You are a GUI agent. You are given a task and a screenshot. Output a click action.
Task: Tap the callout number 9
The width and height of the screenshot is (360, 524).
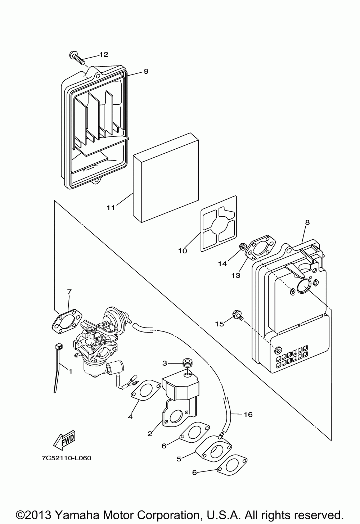coord(146,71)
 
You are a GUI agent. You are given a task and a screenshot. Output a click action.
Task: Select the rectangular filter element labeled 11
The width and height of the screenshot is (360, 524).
coord(166,177)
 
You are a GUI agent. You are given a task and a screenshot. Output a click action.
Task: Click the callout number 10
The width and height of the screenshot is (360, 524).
coord(183,251)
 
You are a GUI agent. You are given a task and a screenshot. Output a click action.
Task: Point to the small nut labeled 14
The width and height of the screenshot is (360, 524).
coord(243,246)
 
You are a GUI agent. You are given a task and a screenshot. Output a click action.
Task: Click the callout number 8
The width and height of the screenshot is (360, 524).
coord(307,222)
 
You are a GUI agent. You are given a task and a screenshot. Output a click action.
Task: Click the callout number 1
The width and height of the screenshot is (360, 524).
coord(71,371)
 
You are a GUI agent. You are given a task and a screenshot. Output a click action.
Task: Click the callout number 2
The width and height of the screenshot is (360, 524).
coord(150,434)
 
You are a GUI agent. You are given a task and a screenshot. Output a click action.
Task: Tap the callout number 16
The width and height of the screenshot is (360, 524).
coord(248,415)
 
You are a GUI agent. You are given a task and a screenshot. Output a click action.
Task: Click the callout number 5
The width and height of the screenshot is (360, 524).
coord(179,459)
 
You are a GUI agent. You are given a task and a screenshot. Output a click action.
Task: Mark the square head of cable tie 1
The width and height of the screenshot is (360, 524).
coord(59,346)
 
